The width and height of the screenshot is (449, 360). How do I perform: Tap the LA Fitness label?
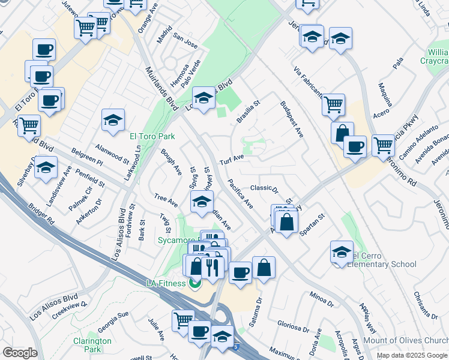166,283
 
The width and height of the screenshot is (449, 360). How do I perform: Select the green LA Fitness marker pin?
194,283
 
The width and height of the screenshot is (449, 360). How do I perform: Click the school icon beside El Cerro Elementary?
342,253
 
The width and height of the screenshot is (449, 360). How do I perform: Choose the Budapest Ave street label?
291,119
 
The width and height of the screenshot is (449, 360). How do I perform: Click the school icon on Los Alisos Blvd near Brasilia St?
204,99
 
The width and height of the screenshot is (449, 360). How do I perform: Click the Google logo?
20,353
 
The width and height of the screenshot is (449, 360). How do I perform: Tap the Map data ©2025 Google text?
412,355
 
